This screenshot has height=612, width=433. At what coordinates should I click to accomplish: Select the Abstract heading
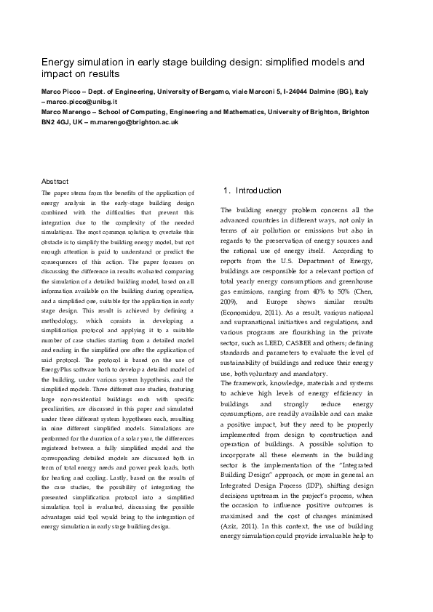55,180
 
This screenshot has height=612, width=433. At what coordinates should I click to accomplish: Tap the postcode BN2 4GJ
55,123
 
